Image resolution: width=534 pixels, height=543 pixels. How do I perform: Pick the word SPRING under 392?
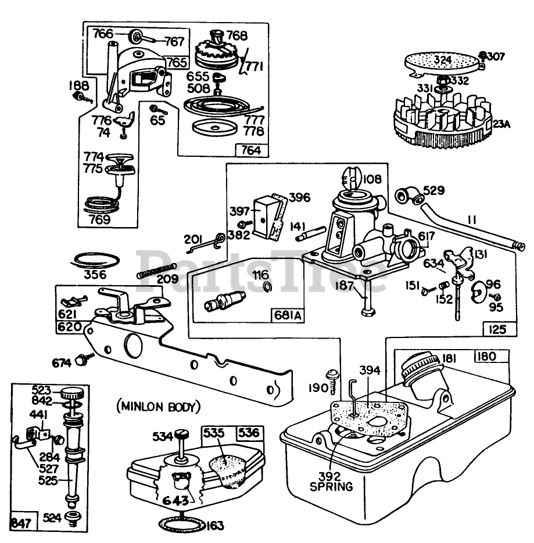tap(332, 487)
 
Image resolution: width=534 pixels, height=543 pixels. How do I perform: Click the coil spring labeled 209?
tap(156, 270)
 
